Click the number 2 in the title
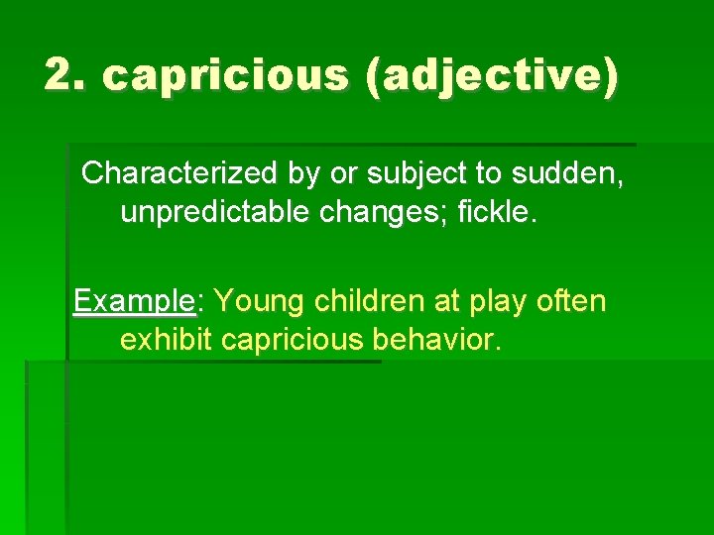click(x=60, y=75)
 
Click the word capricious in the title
click(x=227, y=76)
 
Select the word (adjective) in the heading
click(x=491, y=76)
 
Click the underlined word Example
click(x=134, y=300)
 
